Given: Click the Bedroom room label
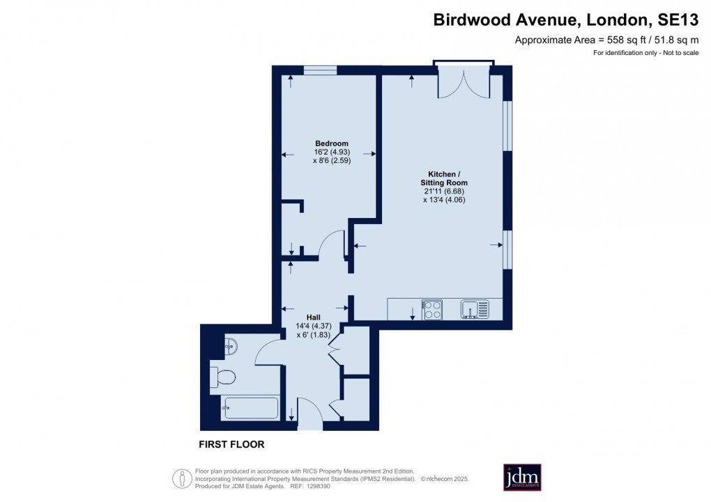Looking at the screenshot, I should click(331, 143).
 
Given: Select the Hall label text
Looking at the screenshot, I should click(304, 317).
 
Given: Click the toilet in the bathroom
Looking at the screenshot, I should click(224, 377).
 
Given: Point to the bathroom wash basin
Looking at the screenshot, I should click(231, 344).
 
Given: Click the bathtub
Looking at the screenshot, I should click(250, 408).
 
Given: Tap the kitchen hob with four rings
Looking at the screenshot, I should click(432, 309).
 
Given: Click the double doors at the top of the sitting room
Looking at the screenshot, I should click(464, 83).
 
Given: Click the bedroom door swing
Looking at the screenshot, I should click(332, 244).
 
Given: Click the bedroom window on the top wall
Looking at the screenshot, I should click(321, 70).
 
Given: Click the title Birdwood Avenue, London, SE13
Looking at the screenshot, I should click(566, 19).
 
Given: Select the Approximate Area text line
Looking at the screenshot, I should click(606, 40).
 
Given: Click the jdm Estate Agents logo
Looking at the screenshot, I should click(522, 477).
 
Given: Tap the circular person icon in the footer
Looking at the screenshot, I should click(183, 478).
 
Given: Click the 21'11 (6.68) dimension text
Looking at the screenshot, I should click(443, 191).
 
